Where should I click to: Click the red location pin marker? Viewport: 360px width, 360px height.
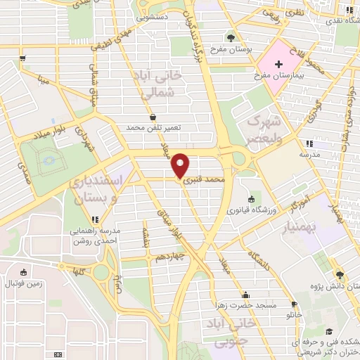click(x=181, y=165)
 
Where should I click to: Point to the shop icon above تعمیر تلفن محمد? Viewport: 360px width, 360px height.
click(x=153, y=117)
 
